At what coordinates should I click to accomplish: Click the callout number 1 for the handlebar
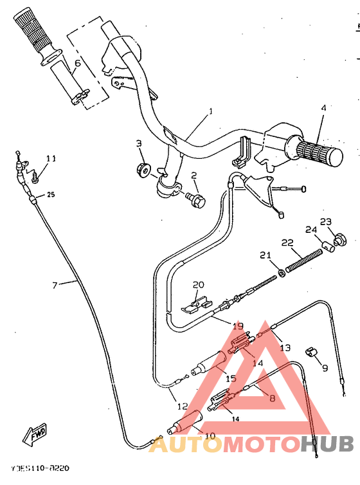(210, 111)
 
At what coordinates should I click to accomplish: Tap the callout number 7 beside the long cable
(55, 284)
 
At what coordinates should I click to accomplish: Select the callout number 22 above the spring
(287, 243)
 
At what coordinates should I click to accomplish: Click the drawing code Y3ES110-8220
(40, 470)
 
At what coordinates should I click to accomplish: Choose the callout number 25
(51, 195)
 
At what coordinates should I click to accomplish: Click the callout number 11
(51, 158)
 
